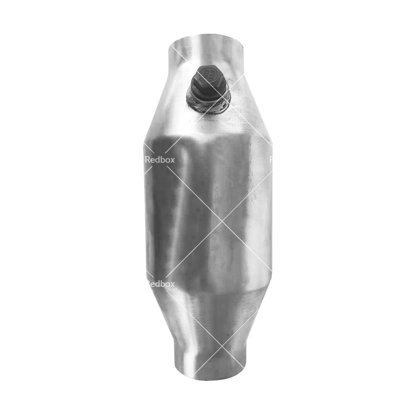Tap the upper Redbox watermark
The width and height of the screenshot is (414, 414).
160,160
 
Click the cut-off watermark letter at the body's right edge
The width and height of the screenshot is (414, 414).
271,160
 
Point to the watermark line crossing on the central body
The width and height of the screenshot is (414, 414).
222,221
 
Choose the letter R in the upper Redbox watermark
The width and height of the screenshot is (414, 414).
148,160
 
